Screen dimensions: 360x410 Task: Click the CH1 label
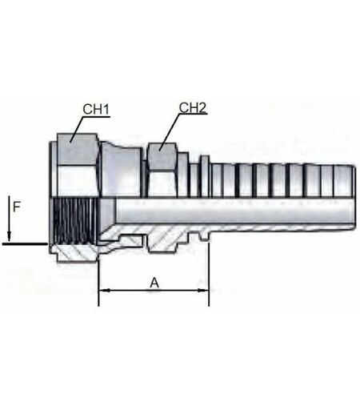96,109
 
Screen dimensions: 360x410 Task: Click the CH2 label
193,107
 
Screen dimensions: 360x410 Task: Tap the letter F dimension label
17,207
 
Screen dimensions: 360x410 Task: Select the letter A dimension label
154,283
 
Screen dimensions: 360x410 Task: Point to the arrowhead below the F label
9,235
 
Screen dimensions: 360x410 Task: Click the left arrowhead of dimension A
105,290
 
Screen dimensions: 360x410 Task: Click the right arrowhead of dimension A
203,290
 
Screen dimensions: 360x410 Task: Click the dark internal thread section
74,221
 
